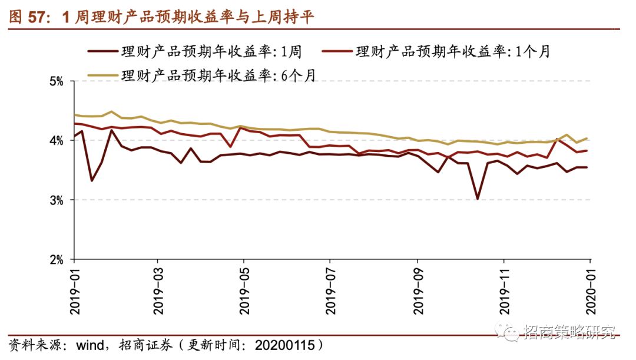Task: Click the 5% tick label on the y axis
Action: point(55,81)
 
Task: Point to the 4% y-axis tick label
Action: point(55,140)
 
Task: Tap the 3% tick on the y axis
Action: point(55,200)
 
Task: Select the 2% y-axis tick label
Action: point(55,260)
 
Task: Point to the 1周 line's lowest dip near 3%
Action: point(477,199)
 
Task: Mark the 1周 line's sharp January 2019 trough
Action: point(92,180)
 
